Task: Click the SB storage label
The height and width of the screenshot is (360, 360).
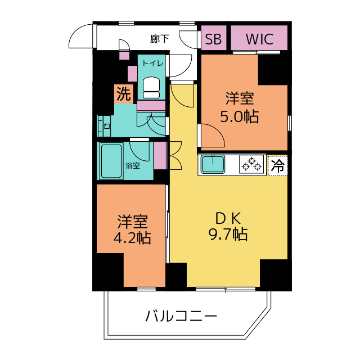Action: tap(213, 39)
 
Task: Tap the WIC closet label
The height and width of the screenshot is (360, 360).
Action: tap(259, 39)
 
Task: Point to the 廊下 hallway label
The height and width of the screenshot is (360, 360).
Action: tap(160, 39)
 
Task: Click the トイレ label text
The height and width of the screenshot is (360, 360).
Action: tap(152, 63)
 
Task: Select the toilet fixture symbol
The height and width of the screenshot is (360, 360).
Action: tap(151, 88)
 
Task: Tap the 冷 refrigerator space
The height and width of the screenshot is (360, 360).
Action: tap(277, 165)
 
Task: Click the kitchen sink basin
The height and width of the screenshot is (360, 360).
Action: tap(213, 164)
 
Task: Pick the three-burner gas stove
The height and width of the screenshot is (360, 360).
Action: tap(252, 164)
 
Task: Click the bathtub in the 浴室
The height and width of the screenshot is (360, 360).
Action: tap(111, 161)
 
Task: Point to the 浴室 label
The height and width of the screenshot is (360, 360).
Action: tap(133, 165)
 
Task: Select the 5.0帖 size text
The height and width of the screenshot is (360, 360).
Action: tap(240, 116)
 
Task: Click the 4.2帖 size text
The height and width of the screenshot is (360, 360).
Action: tap(132, 237)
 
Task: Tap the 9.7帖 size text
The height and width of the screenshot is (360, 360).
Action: tap(228, 234)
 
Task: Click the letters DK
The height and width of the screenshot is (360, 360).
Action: tap(228, 218)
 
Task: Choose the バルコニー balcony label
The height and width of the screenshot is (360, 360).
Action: tap(181, 316)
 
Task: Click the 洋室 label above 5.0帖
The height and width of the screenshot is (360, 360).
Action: tap(240, 98)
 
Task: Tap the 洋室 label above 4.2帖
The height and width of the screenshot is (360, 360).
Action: tap(133, 222)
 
